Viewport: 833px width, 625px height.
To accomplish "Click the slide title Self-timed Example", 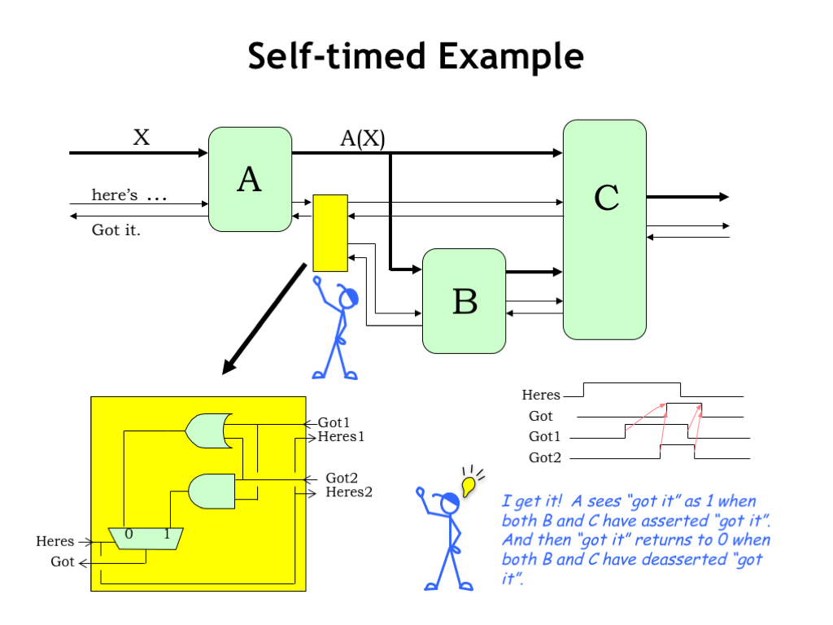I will (x=416, y=57).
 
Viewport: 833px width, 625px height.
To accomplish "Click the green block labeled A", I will (x=250, y=179).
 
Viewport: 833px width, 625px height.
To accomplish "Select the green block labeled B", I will (x=464, y=301).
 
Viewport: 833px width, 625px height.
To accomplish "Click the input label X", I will (x=142, y=138).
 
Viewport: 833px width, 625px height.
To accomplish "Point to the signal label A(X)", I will (x=362, y=138).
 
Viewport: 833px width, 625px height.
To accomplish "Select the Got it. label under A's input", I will (x=116, y=230).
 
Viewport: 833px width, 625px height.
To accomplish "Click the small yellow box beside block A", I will (x=330, y=233).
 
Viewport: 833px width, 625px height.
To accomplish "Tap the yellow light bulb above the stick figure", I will (x=468, y=487).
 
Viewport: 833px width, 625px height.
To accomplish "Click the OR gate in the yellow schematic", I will (x=207, y=431).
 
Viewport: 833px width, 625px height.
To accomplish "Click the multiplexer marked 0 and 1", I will (x=146, y=537).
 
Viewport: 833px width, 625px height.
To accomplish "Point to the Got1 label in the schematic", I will (x=334, y=422).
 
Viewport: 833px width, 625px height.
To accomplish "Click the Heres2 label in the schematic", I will (x=349, y=492).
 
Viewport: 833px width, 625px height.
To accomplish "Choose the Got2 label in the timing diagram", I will (x=545, y=458).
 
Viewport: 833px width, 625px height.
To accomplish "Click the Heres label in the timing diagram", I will (x=541, y=396).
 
